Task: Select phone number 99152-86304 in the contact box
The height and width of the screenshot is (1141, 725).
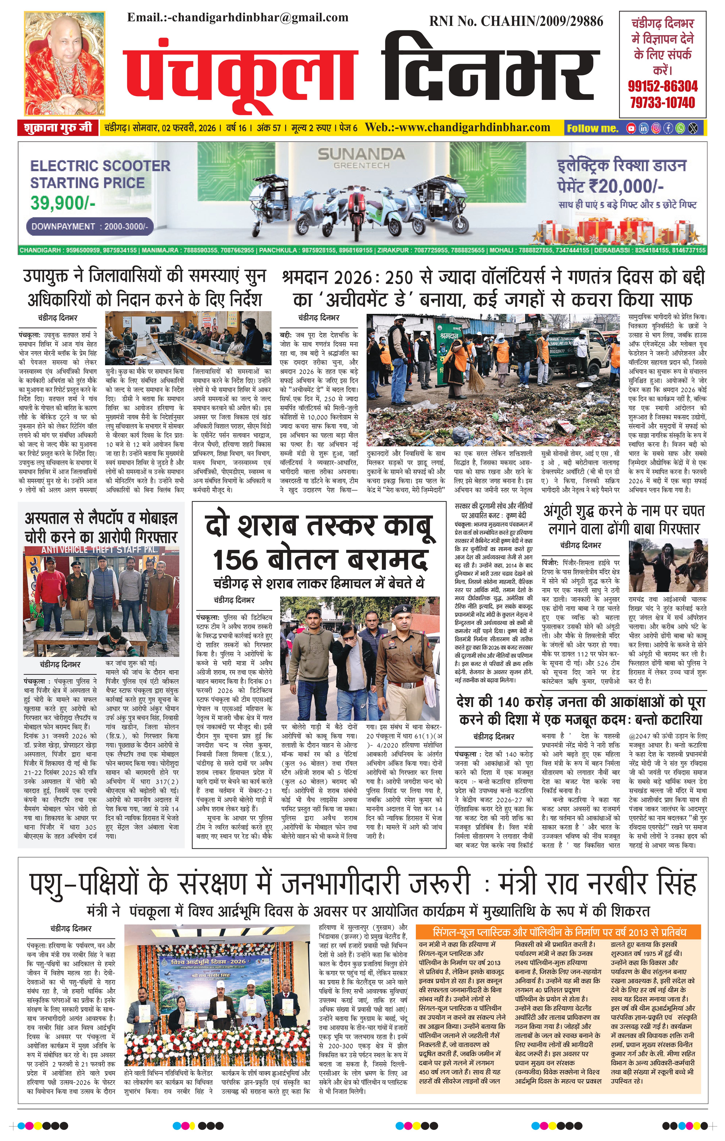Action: click(662, 86)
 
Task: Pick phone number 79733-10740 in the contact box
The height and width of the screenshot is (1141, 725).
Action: click(662, 102)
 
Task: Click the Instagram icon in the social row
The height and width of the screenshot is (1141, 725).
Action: click(656, 128)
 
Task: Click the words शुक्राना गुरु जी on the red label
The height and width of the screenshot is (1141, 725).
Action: click(58, 128)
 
